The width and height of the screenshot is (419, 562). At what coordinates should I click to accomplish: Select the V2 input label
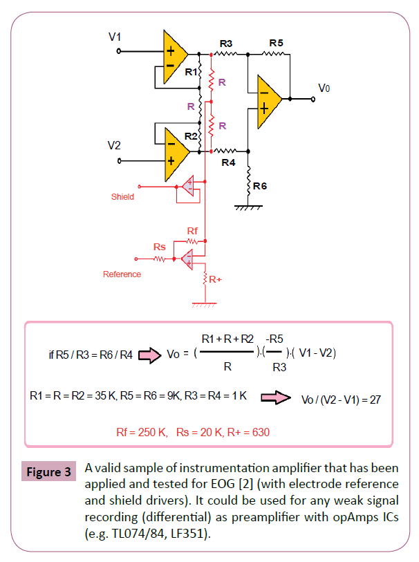tap(115, 145)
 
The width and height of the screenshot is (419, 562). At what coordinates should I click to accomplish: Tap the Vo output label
tap(324, 88)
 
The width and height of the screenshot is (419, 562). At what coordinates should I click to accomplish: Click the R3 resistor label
tap(226, 44)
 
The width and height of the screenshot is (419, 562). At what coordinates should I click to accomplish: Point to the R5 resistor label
tap(276, 43)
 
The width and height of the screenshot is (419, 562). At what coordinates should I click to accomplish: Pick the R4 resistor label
tap(228, 163)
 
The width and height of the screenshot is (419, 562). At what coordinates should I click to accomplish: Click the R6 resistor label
tap(260, 187)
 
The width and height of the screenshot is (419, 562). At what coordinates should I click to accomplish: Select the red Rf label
tap(193, 230)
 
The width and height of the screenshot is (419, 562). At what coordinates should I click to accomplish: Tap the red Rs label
tap(159, 247)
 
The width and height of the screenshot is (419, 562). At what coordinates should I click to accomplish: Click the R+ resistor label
tap(215, 280)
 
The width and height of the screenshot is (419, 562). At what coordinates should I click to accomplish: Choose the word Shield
tap(122, 197)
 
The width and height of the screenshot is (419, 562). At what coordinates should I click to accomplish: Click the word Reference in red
tap(122, 274)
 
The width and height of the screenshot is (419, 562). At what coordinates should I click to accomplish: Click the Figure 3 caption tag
tap(48, 473)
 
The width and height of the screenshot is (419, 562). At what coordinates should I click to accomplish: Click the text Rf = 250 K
tap(142, 433)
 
